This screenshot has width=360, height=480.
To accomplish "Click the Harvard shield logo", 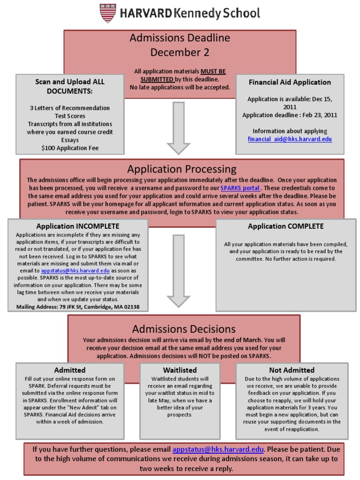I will [x=107, y=13].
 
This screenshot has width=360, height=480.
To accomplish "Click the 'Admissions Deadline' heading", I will [x=180, y=38].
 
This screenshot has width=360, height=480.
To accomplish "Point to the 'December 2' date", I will [x=180, y=52].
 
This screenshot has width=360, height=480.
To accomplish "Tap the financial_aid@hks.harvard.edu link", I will [x=290, y=139].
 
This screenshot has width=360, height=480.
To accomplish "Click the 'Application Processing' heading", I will [x=182, y=169].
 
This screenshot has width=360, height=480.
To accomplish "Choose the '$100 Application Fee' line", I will [x=70, y=148].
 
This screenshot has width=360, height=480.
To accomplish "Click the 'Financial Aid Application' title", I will [x=290, y=82].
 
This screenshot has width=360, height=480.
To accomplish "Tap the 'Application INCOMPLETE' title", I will [x=78, y=226].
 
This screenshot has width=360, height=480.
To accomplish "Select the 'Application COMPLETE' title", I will [x=285, y=226].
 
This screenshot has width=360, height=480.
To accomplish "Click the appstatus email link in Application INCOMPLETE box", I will [x=75, y=271].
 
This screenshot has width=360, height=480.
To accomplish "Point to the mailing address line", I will [x=78, y=307].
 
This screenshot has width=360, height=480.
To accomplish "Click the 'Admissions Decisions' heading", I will [x=184, y=329].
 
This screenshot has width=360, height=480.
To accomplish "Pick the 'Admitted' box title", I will [x=70, y=370].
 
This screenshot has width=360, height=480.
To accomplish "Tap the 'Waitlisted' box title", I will [x=180, y=370].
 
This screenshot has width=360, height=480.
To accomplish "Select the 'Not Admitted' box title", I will [x=292, y=370].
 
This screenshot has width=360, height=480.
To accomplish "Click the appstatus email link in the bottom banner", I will [x=218, y=450].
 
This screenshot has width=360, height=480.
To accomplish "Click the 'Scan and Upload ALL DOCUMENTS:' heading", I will [x=70, y=86].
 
